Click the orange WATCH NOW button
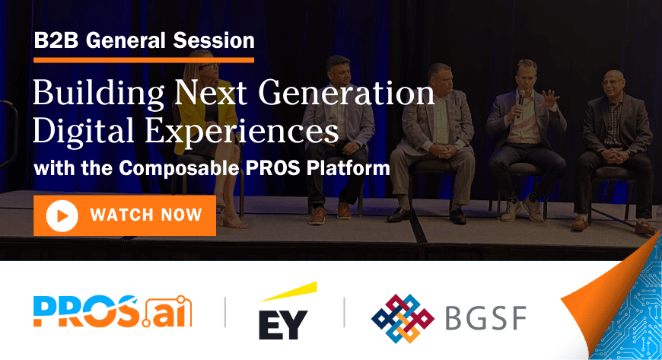pos(125,215)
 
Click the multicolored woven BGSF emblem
pos(402,317)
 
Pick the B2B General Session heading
pos(144,40)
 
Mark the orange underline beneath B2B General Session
pos(144,59)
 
